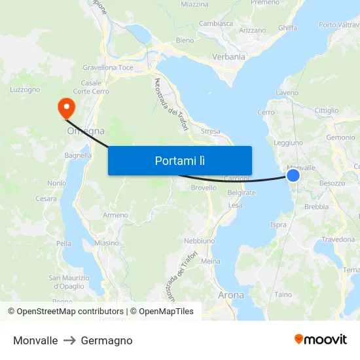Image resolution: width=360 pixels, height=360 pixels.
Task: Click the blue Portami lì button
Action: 179,160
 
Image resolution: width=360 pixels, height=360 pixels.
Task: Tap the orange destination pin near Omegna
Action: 66,107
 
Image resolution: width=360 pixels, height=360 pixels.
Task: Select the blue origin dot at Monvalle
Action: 293,175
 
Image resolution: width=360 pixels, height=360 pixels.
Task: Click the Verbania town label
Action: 228,57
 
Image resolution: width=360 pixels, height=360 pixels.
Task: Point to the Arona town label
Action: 230,295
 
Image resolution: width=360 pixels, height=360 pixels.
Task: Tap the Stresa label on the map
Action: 211,131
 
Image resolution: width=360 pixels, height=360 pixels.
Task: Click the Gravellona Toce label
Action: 108,67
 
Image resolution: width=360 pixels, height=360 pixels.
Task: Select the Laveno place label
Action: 287,94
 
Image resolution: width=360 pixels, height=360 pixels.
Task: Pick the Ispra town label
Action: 278,225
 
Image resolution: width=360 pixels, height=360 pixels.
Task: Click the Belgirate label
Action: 242,193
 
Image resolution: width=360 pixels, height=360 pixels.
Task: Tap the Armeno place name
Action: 116,215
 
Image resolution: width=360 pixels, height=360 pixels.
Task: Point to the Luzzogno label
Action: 26,90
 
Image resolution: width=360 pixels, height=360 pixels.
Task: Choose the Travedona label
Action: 338,240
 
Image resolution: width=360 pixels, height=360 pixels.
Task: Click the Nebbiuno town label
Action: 199,241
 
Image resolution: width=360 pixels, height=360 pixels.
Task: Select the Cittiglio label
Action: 327,111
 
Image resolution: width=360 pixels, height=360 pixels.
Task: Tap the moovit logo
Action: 320,340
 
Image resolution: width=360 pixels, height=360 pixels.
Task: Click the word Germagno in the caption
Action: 107,340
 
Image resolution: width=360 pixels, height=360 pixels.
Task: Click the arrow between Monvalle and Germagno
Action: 69,340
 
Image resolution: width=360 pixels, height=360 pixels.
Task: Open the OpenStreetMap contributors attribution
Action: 66,312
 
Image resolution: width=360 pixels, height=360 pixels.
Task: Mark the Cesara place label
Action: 46,198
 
